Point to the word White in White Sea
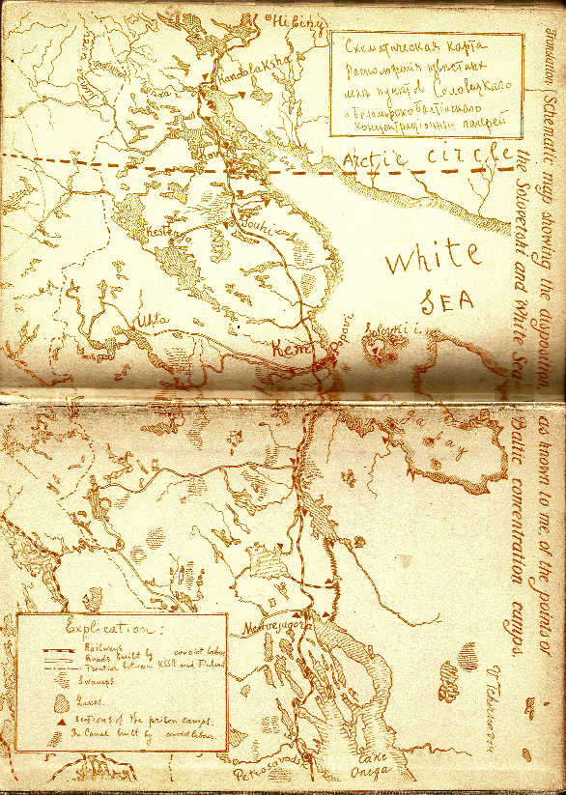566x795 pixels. (433, 259)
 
